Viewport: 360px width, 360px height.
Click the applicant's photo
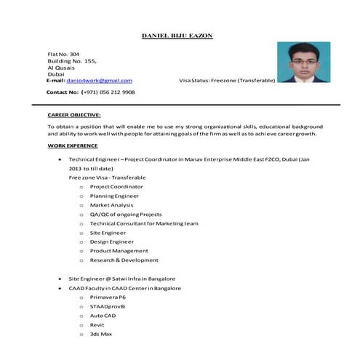304,63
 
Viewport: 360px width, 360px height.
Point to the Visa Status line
227,80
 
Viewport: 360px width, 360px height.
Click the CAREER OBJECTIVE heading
74,115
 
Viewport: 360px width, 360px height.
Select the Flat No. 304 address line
63,55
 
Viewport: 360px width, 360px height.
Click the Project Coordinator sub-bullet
116,186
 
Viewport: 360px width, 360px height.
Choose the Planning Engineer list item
114,196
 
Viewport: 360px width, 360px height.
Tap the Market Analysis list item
112,205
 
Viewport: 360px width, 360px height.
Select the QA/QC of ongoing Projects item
125,215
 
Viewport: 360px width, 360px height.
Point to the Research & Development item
124,260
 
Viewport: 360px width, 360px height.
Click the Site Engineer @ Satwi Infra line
121,279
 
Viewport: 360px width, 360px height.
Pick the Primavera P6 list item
108,297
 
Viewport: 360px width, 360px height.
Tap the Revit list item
97,325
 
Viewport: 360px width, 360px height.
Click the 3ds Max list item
100,334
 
